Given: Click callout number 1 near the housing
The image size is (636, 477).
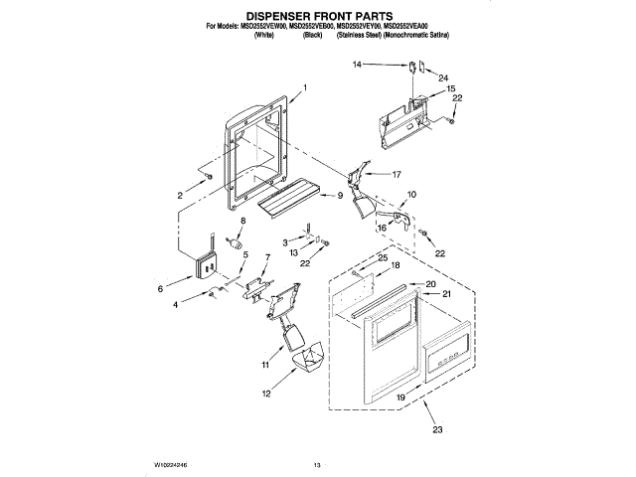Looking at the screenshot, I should click(x=304, y=88).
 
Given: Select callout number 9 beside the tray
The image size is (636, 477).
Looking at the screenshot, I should click(x=339, y=196).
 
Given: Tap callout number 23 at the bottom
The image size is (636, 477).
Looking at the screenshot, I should click(x=438, y=429).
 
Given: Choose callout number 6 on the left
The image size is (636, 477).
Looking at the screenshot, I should click(x=161, y=288).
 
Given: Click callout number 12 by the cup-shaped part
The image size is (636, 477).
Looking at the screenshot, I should click(x=265, y=394).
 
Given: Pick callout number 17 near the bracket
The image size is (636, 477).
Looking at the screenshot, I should click(x=396, y=174).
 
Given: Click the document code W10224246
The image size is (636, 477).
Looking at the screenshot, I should click(x=170, y=464).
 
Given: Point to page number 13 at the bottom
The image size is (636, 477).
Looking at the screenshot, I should click(x=317, y=464).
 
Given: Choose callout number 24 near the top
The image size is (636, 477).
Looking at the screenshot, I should click(x=444, y=78).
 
